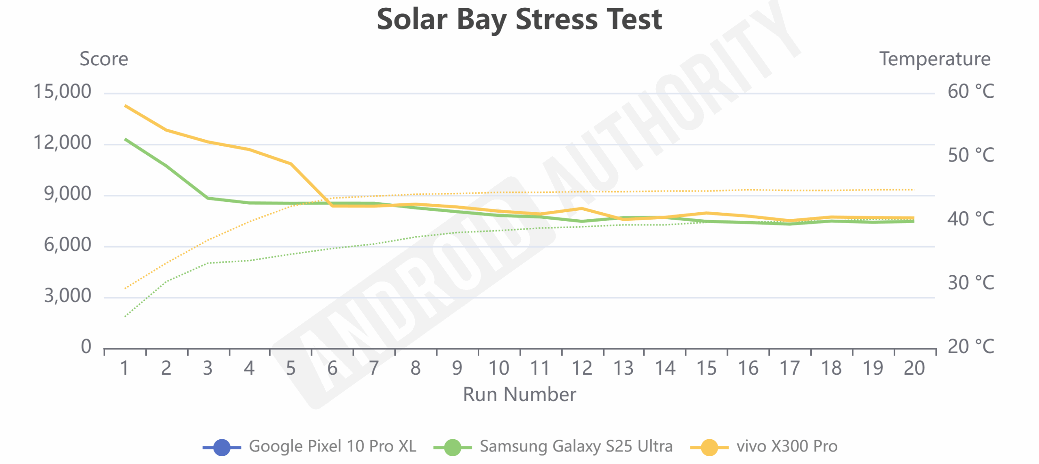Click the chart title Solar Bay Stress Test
[519, 19]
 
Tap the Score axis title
[104, 59]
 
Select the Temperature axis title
[935, 59]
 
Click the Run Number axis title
[519, 395]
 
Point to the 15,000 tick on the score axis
[62, 92]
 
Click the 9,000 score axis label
[67, 194]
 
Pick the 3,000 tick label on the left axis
[67, 296]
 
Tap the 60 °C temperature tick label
[970, 92]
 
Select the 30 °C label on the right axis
[970, 283]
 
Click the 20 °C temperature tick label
[970, 347]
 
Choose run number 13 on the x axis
[623, 369]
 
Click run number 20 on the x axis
[914, 369]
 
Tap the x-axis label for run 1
[125, 369]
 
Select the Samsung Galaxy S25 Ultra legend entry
[553, 447]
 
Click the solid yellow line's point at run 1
[125, 106]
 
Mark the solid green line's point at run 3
[208, 198]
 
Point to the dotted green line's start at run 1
[125, 316]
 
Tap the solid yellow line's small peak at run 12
[582, 209]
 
